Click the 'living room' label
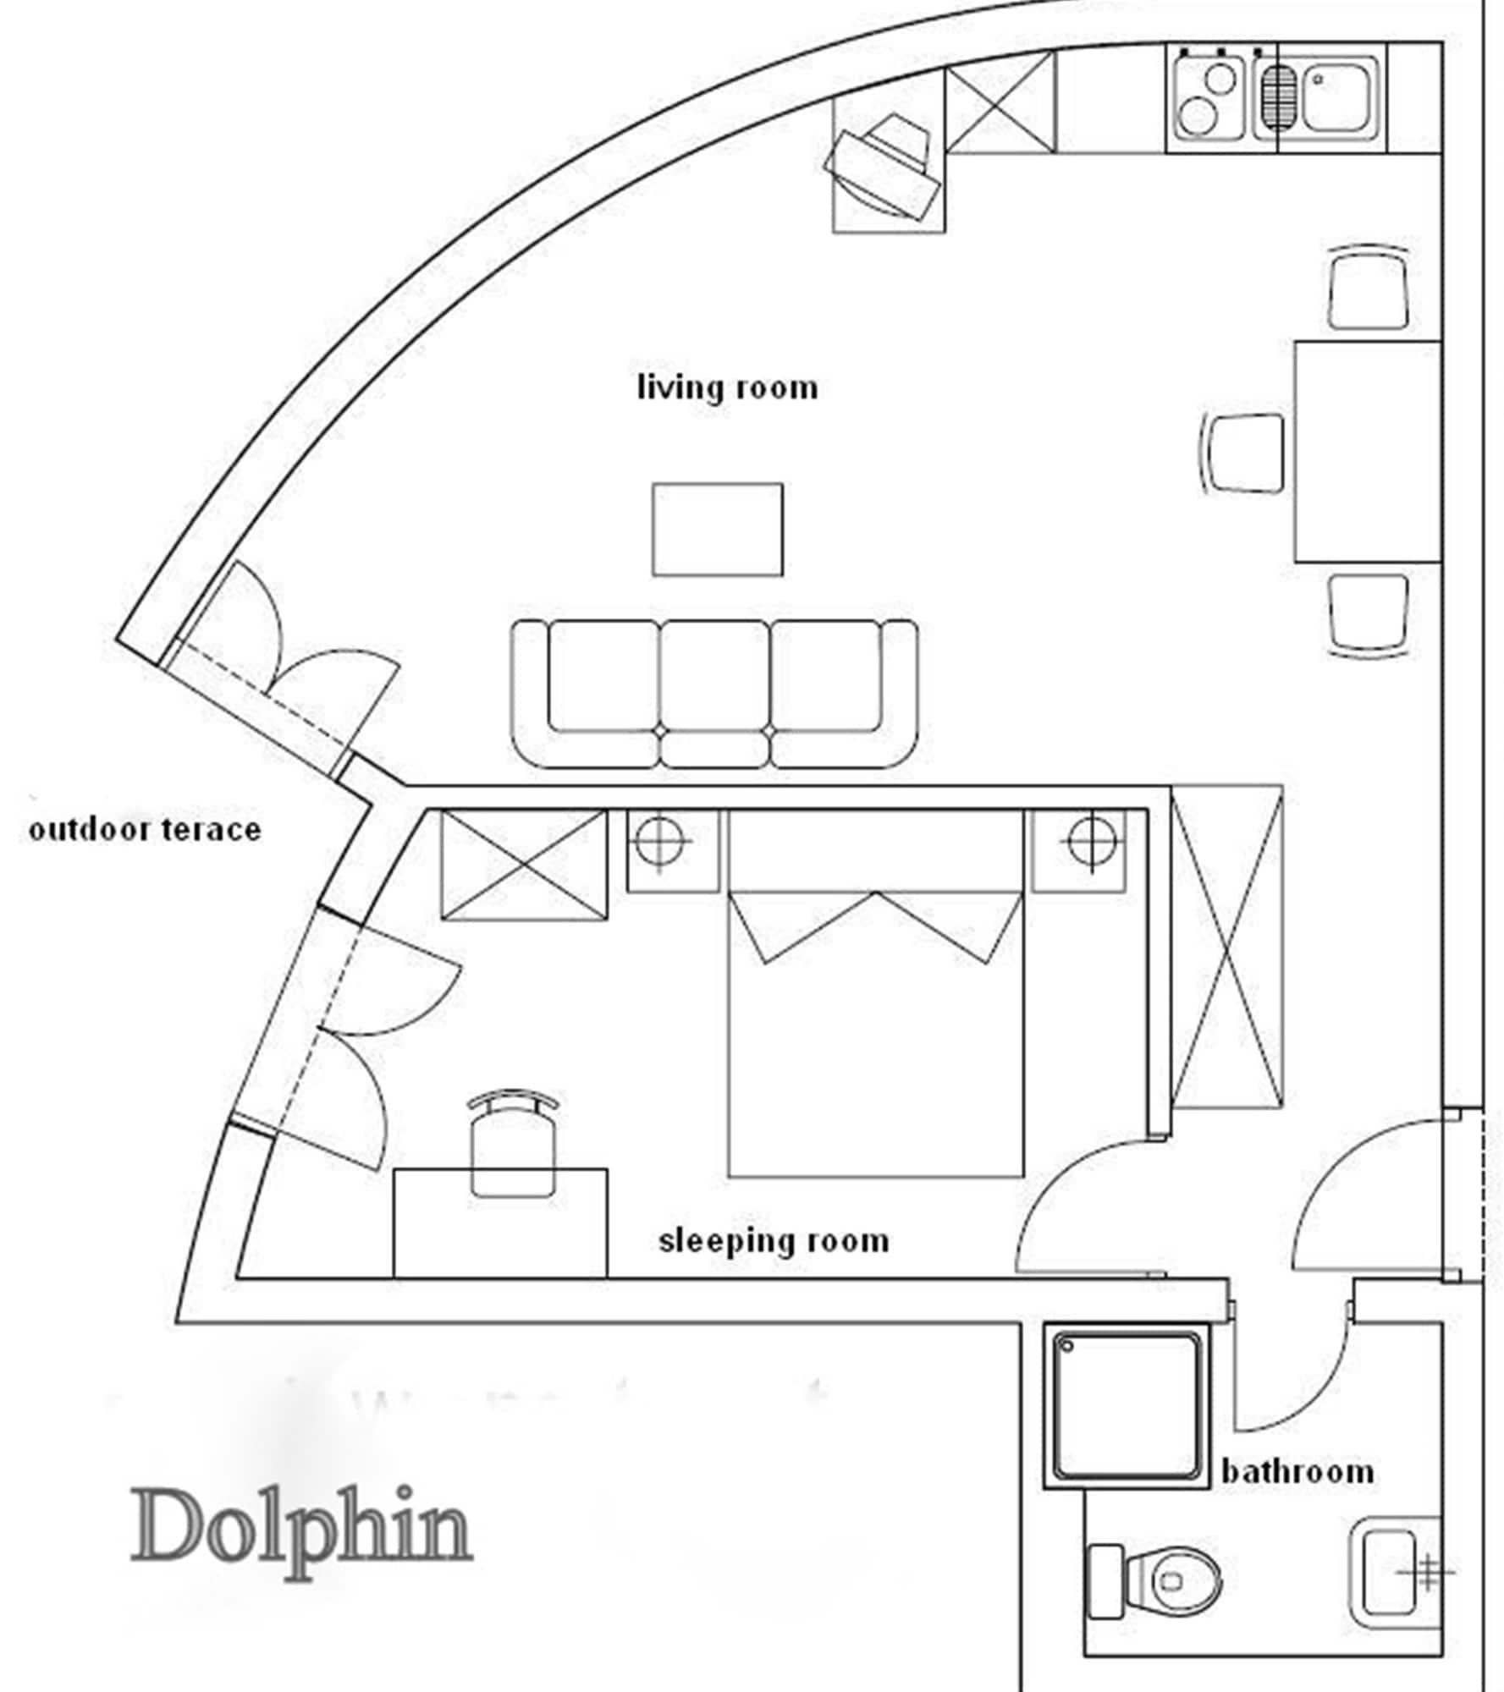[x=727, y=388]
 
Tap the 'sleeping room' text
[x=774, y=1241]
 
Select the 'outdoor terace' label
[x=145, y=830]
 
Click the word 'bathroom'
[x=1297, y=1472]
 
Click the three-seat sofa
[x=714, y=694]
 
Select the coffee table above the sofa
[x=717, y=530]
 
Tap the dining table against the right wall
[x=1367, y=451]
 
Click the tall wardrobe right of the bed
[x=1226, y=946]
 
